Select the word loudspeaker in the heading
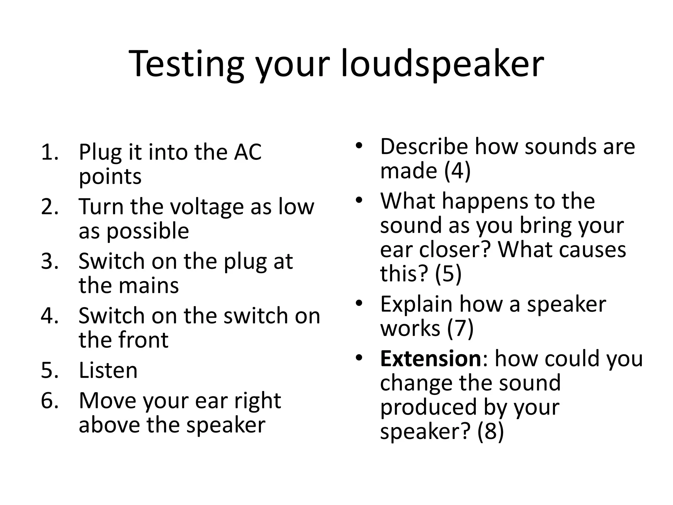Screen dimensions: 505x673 [442, 64]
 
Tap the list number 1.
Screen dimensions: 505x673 [50, 152]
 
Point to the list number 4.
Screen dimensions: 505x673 [50, 316]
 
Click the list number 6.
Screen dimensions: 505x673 [50, 401]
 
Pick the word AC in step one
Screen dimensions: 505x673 [247, 152]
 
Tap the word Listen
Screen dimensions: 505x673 [108, 371]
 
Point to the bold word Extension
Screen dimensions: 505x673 [430, 359]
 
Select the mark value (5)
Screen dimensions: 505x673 [448, 274]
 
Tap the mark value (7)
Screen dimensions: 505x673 [460, 328]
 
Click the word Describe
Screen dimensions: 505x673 [424, 147]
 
